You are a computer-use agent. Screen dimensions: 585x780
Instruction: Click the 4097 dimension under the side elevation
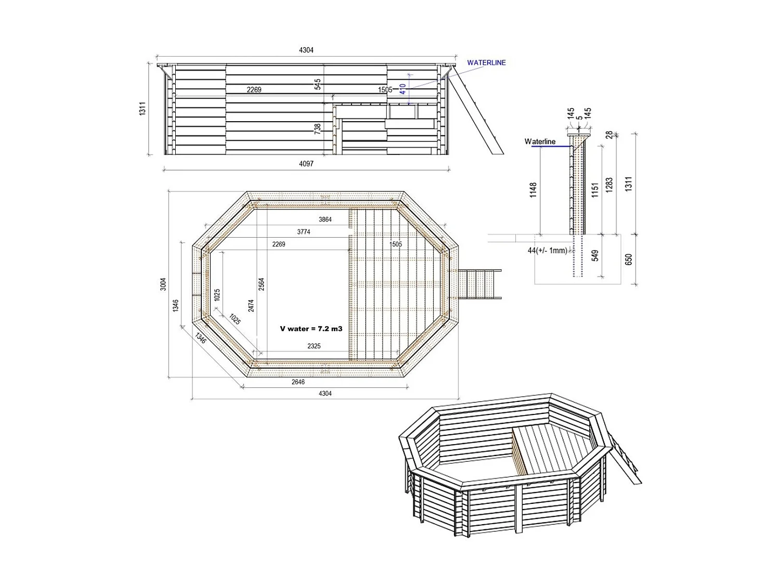point(306,164)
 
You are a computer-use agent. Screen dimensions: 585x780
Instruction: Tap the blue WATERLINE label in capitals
point(486,63)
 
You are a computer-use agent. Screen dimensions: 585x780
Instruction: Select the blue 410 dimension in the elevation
point(403,89)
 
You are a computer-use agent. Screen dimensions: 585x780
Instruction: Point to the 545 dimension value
point(318,84)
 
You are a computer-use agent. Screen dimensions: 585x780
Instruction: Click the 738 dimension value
point(318,129)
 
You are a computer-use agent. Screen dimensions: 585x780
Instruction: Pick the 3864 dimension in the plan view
point(325,220)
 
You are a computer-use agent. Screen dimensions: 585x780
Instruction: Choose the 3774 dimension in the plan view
point(304,232)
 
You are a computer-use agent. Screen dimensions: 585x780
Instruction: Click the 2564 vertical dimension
point(262,284)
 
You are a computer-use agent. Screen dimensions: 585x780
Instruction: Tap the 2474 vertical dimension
point(251,305)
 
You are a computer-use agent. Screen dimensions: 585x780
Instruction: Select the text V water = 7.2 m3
point(311,329)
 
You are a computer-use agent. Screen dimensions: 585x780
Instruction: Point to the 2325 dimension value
point(314,346)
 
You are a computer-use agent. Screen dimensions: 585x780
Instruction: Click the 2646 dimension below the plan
point(298,382)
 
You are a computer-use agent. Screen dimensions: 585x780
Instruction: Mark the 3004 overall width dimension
point(163,284)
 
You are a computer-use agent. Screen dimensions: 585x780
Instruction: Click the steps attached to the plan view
point(479,284)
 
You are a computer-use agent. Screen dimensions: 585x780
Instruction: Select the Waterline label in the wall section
point(540,141)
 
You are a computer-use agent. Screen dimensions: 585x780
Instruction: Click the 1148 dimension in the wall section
point(533,190)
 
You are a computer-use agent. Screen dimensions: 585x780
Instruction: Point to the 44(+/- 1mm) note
point(547,251)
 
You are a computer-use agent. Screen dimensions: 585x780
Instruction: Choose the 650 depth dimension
point(629,259)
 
